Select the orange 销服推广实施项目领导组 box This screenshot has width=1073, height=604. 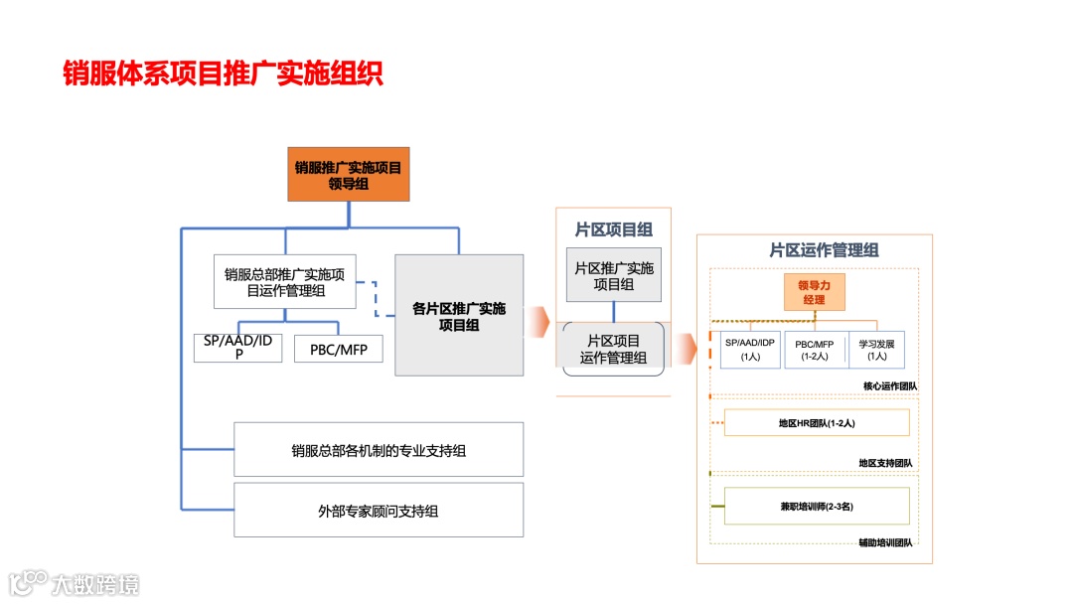click(x=348, y=175)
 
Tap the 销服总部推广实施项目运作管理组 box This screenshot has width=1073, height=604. click(x=285, y=282)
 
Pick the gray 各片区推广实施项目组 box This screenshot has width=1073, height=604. click(x=459, y=315)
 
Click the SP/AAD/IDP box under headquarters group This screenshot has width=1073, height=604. click(x=238, y=348)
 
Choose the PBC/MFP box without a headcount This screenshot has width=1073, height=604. click(x=338, y=349)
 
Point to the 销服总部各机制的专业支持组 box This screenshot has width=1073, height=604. click(x=379, y=450)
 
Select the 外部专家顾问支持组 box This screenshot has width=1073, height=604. click(x=379, y=511)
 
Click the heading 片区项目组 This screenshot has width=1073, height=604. click(x=613, y=229)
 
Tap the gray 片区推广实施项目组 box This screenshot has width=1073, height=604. click(x=613, y=275)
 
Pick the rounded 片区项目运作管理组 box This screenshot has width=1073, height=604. click(x=613, y=349)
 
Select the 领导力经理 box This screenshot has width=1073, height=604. click(x=814, y=292)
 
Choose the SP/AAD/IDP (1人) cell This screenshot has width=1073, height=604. click(x=750, y=350)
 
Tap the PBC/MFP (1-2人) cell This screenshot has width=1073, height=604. click(x=814, y=350)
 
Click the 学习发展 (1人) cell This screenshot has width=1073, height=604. click(x=876, y=350)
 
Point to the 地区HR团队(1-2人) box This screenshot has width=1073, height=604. click(x=817, y=423)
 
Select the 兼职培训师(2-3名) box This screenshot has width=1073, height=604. click(x=817, y=507)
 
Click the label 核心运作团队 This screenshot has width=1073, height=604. click(x=889, y=385)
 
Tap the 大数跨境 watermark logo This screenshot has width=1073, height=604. click(x=75, y=583)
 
